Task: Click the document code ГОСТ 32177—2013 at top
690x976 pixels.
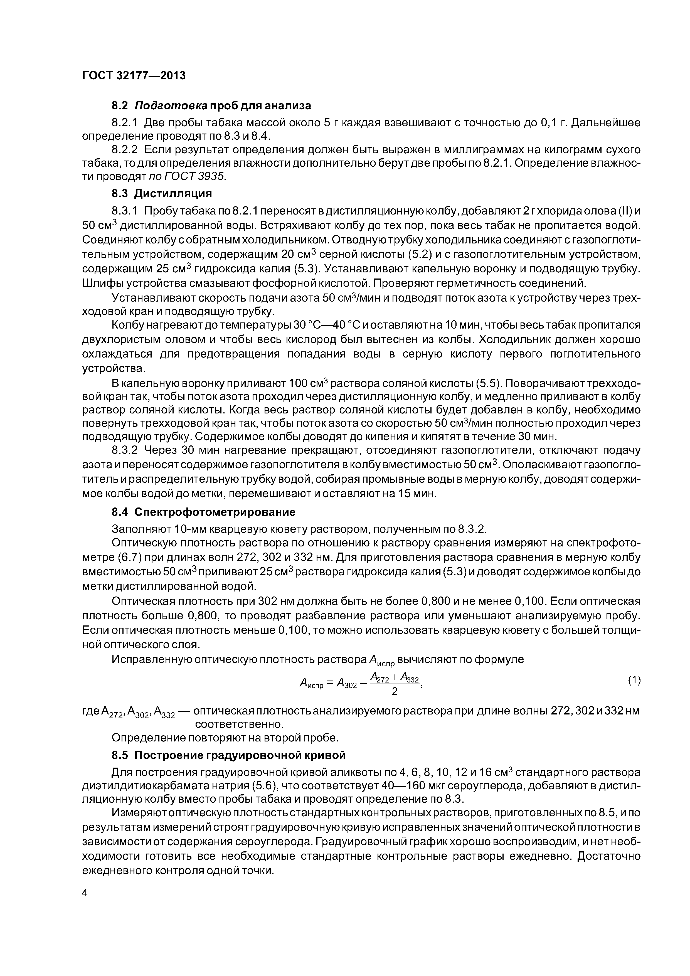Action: pos(134,76)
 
